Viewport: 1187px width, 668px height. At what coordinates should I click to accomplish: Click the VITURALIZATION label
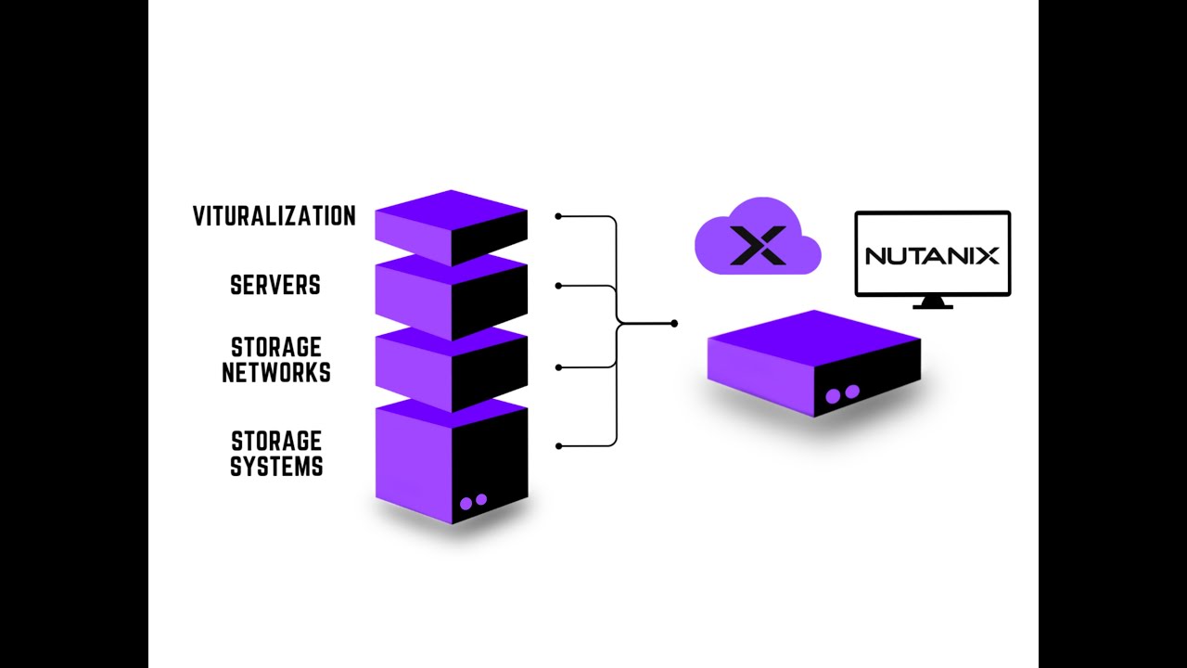[274, 216]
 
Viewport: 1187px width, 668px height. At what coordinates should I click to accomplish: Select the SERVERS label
[275, 286]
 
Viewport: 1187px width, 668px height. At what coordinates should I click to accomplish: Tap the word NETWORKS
[281, 373]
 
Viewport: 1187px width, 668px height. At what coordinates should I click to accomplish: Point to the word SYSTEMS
[276, 467]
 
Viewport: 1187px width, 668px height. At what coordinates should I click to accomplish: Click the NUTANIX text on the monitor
[932, 255]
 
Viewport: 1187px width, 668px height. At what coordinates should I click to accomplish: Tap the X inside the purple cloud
[758, 245]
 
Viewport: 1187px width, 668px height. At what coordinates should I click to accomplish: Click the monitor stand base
[932, 303]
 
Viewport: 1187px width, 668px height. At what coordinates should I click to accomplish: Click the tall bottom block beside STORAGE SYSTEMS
[452, 459]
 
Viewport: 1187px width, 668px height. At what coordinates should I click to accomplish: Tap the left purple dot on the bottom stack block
[466, 503]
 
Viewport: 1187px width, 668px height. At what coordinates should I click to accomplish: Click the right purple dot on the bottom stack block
[481, 499]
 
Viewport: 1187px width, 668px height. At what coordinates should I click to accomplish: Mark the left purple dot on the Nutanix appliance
[833, 396]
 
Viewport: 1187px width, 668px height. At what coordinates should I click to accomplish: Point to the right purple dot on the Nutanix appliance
[852, 392]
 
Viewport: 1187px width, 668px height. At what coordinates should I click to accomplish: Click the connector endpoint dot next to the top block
[558, 216]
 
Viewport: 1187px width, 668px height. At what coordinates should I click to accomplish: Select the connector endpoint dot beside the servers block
[558, 286]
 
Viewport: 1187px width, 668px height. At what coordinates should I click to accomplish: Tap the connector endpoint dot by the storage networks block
[558, 367]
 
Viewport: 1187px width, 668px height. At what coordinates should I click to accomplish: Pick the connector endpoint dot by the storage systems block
[558, 446]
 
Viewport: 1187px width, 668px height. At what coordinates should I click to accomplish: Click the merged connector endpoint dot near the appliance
[674, 324]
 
